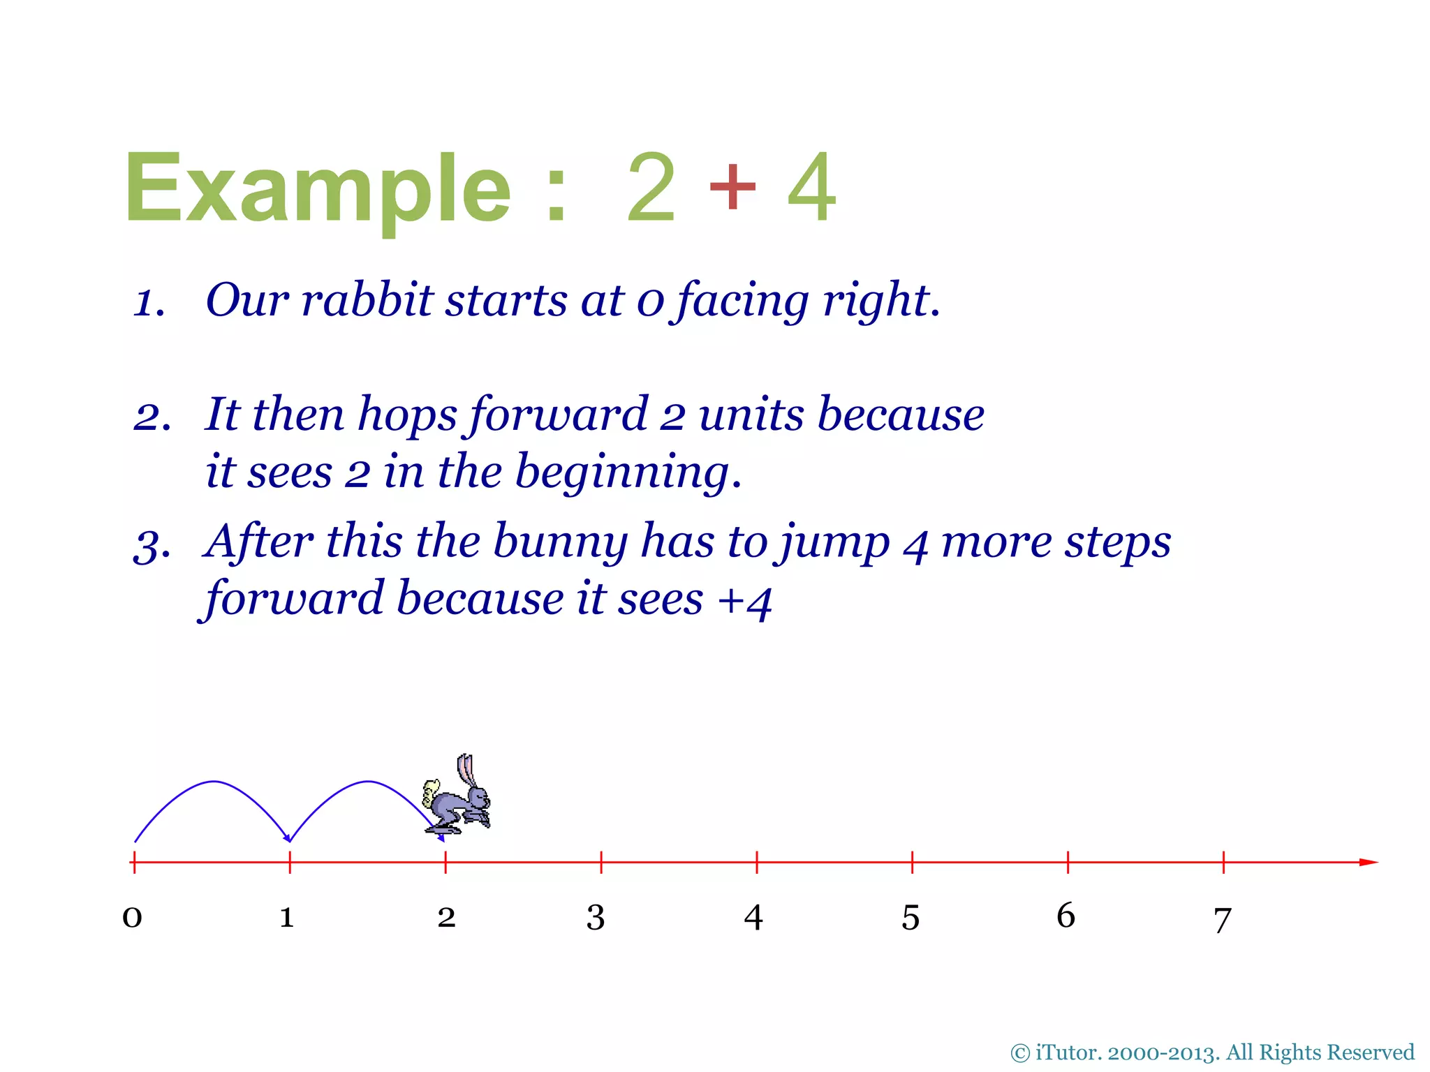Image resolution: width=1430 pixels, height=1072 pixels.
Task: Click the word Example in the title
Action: (318, 188)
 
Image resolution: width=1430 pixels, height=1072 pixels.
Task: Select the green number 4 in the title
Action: (811, 187)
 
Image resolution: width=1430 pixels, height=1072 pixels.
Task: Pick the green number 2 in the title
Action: (651, 187)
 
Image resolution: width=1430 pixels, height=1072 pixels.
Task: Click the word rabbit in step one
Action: (367, 300)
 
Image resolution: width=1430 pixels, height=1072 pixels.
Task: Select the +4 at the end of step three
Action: (745, 600)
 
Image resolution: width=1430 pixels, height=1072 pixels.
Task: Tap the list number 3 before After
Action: (149, 545)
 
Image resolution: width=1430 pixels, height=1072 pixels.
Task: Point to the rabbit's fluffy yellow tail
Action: (432, 792)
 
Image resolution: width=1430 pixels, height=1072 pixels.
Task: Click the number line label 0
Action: (132, 916)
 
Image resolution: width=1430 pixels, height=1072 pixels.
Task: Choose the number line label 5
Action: (911, 917)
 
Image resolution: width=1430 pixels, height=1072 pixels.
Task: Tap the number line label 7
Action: (1222, 920)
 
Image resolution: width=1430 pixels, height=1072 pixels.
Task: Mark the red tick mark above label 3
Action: (601, 863)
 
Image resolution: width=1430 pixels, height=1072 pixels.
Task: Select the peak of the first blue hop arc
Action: (214, 782)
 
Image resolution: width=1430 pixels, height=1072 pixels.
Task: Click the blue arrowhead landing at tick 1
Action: (287, 837)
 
